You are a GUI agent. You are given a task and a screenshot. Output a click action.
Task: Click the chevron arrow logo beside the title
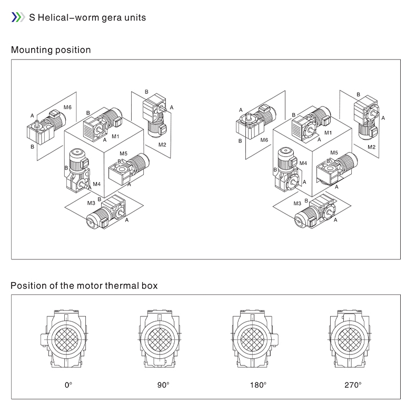[x=18, y=17]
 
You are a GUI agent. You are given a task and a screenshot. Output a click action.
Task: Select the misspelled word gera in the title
[x=107, y=17]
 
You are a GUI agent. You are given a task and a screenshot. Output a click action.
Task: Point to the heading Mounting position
[x=51, y=50]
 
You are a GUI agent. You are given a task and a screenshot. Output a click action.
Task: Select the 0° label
[x=68, y=385]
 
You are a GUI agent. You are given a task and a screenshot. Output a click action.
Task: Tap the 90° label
[x=163, y=385]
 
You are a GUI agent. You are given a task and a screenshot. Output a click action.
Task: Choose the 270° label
[x=353, y=385]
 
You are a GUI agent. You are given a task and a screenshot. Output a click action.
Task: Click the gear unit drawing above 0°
[x=66, y=338]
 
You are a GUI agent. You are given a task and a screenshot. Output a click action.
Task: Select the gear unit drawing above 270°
[x=349, y=338]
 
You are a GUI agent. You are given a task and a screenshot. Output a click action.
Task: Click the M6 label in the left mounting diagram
[x=67, y=108]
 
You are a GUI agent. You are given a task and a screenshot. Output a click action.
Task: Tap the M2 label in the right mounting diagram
[x=372, y=147]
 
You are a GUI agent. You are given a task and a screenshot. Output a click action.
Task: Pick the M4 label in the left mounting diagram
[x=96, y=184]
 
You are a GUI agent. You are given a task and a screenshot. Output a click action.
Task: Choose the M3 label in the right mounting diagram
[x=298, y=203]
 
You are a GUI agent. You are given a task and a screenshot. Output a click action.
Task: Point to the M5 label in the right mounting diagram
[x=334, y=153]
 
